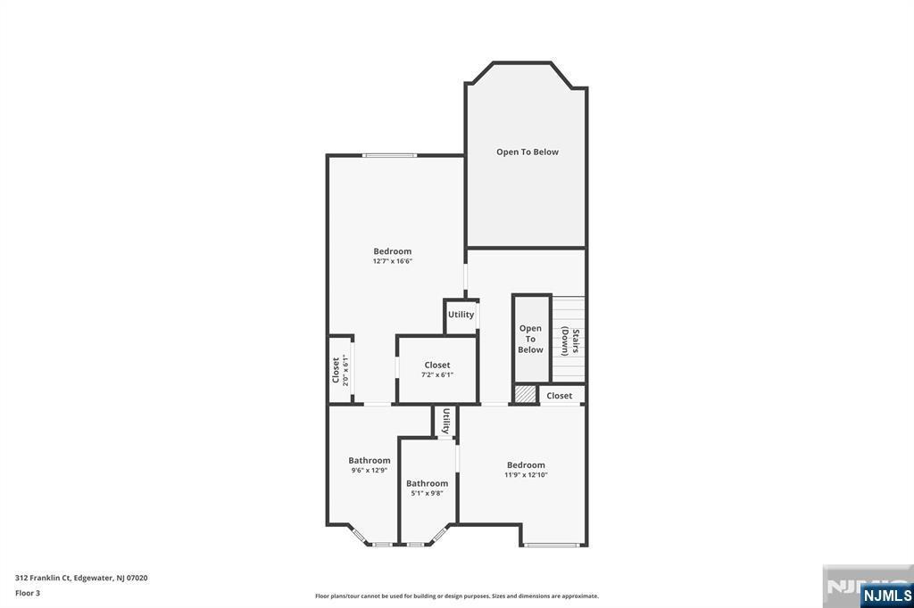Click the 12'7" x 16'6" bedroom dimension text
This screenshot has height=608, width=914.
point(392,261)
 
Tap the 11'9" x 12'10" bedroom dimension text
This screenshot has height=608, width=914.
point(526,475)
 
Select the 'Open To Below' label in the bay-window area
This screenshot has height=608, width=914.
point(528,152)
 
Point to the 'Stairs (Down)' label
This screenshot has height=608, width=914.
point(570,341)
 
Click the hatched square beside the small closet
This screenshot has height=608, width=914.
point(525,394)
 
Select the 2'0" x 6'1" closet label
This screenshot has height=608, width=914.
point(340,369)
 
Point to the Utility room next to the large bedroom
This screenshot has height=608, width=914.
point(461,315)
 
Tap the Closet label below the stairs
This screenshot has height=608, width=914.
point(560,396)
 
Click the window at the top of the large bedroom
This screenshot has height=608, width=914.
point(389,156)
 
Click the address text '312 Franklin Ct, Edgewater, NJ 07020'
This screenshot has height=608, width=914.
point(81,578)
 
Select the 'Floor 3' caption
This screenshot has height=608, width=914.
point(28,592)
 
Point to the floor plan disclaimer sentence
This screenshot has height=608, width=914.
point(456,596)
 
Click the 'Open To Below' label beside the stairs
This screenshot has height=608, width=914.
point(530,339)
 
